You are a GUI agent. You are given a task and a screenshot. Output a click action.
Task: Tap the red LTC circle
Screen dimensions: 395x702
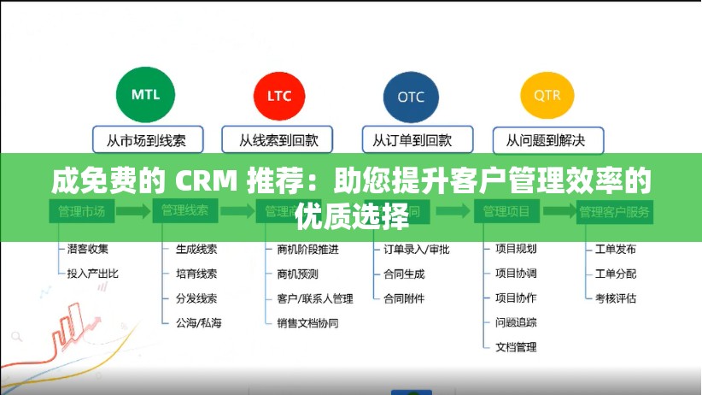point(278,96)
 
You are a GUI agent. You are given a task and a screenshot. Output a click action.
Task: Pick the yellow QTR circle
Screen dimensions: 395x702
point(547,95)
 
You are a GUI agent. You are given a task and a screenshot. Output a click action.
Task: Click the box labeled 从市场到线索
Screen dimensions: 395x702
point(146,139)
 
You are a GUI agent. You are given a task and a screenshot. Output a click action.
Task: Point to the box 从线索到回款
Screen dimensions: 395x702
point(278,139)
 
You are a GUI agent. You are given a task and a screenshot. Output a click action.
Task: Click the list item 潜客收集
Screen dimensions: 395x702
point(88,250)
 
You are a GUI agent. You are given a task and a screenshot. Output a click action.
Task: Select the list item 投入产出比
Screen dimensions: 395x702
point(92,274)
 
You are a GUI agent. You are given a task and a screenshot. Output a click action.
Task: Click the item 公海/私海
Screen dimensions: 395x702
point(198,323)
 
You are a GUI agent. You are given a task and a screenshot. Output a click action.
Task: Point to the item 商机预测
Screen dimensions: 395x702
point(297,274)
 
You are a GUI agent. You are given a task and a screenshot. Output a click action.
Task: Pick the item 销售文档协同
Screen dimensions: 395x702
point(307,323)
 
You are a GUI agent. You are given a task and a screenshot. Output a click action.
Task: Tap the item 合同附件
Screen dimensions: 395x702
point(404,298)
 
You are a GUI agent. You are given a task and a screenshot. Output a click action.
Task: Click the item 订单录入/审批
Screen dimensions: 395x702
point(416,250)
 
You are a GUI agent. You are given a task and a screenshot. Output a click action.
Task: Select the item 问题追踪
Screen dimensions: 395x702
point(516,322)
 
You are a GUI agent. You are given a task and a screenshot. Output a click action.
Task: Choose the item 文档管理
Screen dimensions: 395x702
point(516,347)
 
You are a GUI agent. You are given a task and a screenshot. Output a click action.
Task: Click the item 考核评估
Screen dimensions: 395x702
point(615,298)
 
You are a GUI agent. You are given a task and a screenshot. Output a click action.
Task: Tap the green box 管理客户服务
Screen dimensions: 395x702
point(615,211)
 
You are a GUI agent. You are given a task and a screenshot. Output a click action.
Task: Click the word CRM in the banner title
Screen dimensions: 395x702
point(207,181)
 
